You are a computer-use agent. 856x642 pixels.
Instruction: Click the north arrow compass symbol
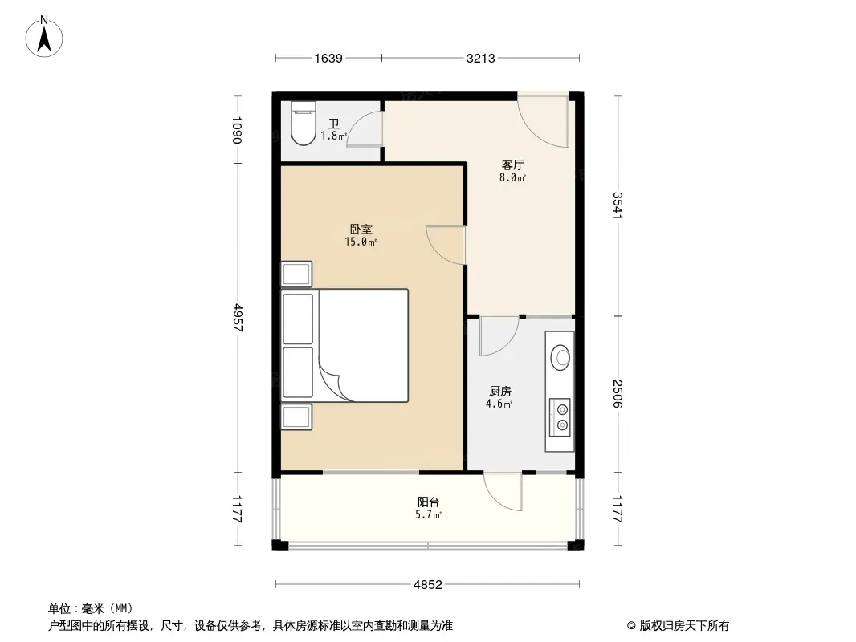coord(44,37)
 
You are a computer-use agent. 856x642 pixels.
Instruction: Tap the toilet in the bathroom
coord(304,124)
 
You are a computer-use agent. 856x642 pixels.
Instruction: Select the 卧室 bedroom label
coord(361,229)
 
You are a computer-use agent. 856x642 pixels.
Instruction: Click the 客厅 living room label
coord(512,165)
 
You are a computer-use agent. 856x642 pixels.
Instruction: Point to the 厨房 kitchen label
coord(499,391)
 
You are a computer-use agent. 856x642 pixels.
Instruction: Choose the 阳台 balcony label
coord(428,502)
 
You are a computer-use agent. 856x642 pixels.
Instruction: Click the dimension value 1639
coord(328,58)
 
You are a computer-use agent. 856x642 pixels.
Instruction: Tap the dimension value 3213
coord(480,58)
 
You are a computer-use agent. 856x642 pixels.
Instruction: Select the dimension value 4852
coord(427,585)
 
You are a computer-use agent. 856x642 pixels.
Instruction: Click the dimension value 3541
coord(618,205)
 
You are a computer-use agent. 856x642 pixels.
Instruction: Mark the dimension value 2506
coord(618,394)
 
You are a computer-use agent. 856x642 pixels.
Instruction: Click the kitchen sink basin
coord(560,358)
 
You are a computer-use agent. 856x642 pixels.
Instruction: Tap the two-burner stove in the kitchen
coord(560,417)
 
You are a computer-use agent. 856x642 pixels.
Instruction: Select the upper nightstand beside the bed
coord(296,274)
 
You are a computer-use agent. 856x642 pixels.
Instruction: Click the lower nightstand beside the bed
coord(296,416)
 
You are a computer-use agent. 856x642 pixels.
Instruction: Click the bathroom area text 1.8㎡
coord(333,136)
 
